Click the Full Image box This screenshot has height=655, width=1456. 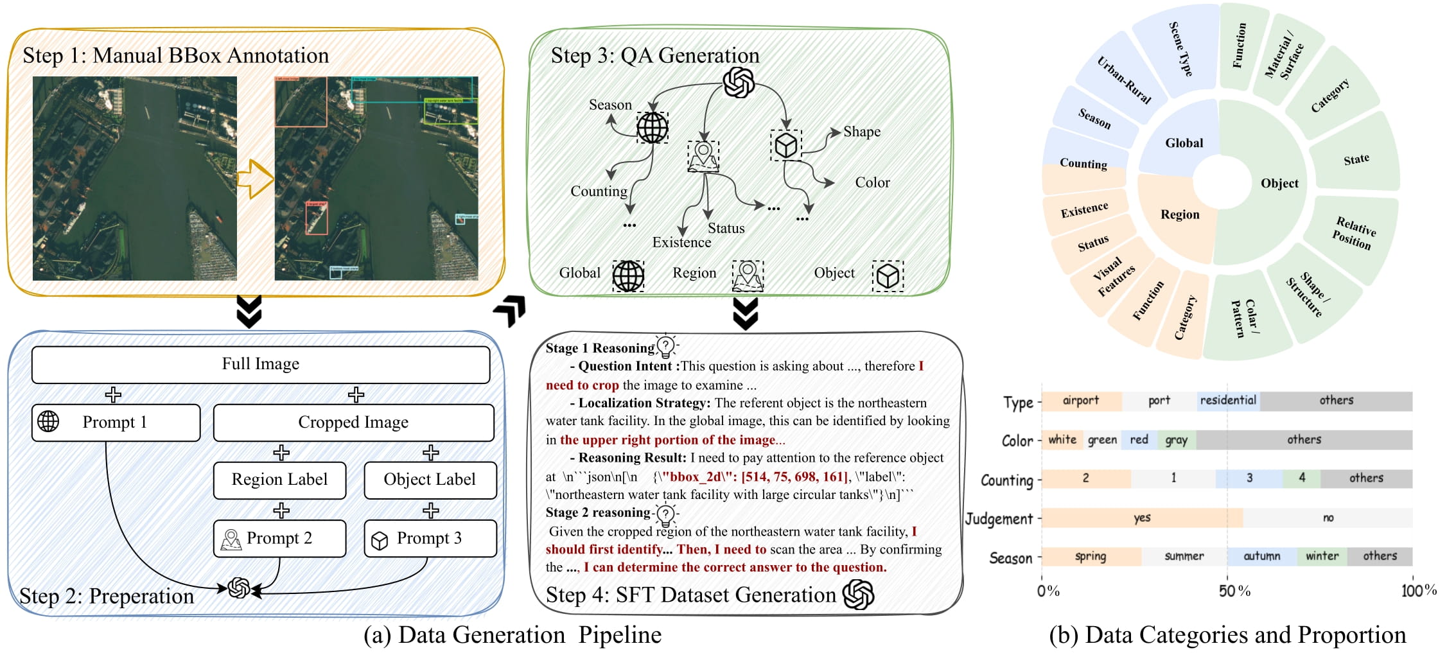pos(260,364)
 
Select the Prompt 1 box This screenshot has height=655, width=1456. pos(116,422)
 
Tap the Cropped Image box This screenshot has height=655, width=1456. pos(353,422)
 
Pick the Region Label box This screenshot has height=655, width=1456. pos(279,480)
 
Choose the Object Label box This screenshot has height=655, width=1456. pos(430,480)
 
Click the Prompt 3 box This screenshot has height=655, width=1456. pos(430,538)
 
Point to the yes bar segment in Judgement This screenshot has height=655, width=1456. pos(1141,518)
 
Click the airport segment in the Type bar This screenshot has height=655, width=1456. pos(1081,401)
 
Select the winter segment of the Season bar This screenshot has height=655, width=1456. pos(1322,556)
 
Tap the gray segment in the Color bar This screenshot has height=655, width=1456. pos(1177,440)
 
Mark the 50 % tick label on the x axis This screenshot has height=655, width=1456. pos(1234,591)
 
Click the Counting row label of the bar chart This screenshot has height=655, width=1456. pos(1006,480)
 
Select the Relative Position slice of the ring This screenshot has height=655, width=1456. pos(1355,232)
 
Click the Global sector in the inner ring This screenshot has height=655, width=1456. pos(1184,143)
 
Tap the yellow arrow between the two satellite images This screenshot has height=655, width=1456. pos(255,179)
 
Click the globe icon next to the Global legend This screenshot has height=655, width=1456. pos(627,276)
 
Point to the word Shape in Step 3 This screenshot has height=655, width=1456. pos(861,132)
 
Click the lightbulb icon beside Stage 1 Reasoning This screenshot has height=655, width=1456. pos(666,346)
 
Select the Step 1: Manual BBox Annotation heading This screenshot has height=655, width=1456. pos(175,56)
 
